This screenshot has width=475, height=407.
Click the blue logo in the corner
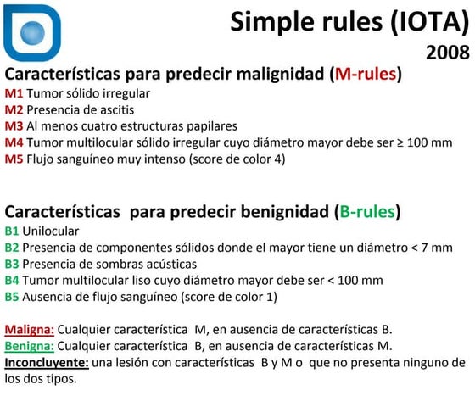(32, 33)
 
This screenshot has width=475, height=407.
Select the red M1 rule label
(14, 93)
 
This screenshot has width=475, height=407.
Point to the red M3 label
(14, 125)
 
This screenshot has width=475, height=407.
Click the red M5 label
(14, 158)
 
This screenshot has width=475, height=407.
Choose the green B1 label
(12, 231)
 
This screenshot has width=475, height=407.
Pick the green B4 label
(12, 280)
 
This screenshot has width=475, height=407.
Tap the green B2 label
(12, 248)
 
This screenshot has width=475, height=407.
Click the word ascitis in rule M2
(113, 109)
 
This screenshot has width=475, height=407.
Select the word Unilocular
(50, 231)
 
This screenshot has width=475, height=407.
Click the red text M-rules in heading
(366, 74)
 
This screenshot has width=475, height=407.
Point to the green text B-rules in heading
(366, 211)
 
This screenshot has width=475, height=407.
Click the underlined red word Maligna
(30, 329)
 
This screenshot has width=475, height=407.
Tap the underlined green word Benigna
(31, 345)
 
